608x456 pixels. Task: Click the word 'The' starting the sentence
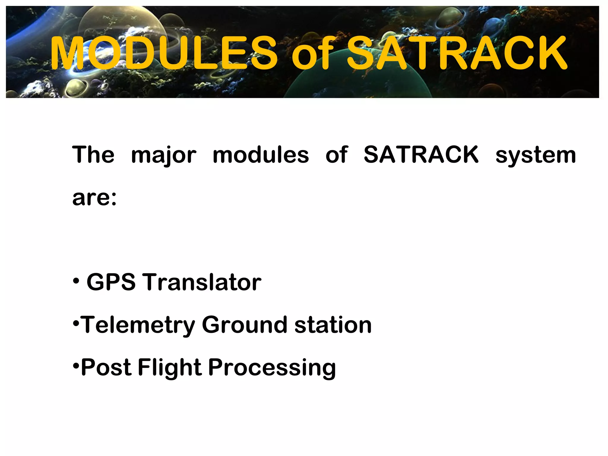(93, 155)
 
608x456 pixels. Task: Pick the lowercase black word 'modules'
(261, 155)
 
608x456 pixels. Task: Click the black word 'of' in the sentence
(336, 155)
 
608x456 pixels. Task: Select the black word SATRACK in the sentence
(421, 155)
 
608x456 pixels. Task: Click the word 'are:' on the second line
(94, 198)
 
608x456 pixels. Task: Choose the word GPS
(111, 282)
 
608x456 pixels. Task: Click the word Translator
(203, 282)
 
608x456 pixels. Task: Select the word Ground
(244, 325)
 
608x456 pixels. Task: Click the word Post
(106, 368)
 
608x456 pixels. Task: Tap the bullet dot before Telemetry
(76, 323)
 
